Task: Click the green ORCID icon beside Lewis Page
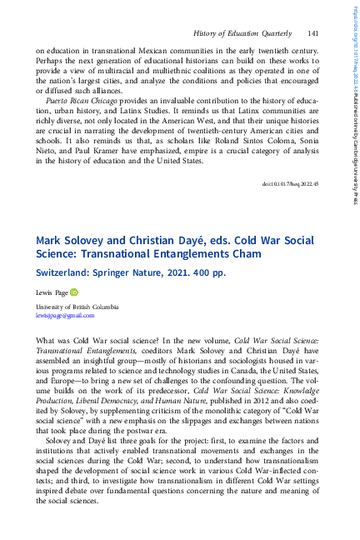73,292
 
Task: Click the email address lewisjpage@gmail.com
65,316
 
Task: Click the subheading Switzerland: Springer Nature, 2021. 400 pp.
130,272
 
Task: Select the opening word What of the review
47,341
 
